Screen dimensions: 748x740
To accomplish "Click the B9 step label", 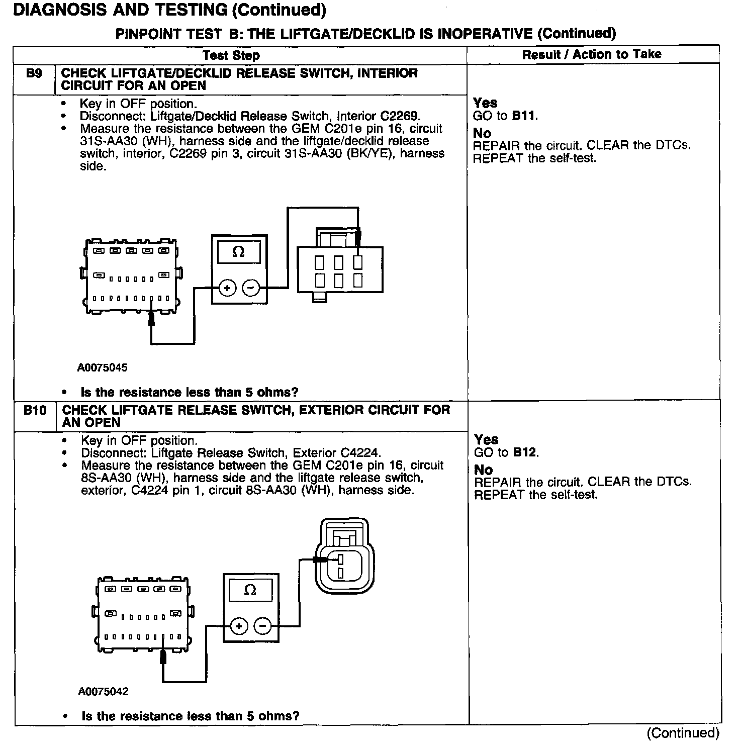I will point(34,73).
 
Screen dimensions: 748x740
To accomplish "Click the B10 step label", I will point(35,410).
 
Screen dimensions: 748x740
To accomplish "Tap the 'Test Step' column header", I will point(231,55).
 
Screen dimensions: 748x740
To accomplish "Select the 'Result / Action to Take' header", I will point(592,54).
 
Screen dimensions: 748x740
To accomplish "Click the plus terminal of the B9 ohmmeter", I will point(227,288).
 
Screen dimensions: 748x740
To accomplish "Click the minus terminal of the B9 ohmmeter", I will point(251,288).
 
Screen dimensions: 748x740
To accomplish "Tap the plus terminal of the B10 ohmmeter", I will point(239,626).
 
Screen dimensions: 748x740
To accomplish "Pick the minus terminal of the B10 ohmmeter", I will point(262,626).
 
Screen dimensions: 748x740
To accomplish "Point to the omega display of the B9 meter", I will point(239,252).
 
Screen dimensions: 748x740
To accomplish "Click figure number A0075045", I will point(102,367).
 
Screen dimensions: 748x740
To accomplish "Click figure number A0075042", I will point(103,691).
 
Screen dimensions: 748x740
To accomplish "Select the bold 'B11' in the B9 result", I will point(524,116).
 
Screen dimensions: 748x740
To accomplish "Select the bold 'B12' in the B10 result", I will point(525,452).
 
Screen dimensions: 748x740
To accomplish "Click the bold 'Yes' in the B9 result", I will point(485,103).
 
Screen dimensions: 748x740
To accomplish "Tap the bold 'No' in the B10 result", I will point(484,470).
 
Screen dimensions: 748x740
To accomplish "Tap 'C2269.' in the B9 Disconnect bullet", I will point(400,117).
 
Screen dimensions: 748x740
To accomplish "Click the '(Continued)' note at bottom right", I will point(683,733).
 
